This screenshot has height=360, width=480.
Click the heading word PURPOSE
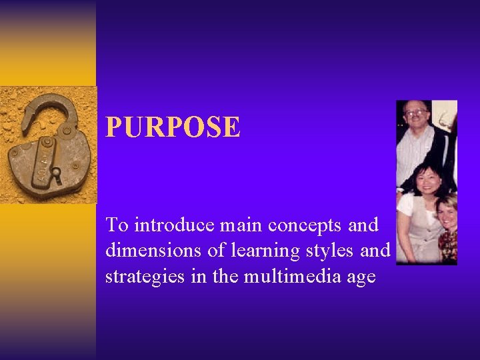173,127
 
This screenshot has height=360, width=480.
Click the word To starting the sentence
117,225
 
